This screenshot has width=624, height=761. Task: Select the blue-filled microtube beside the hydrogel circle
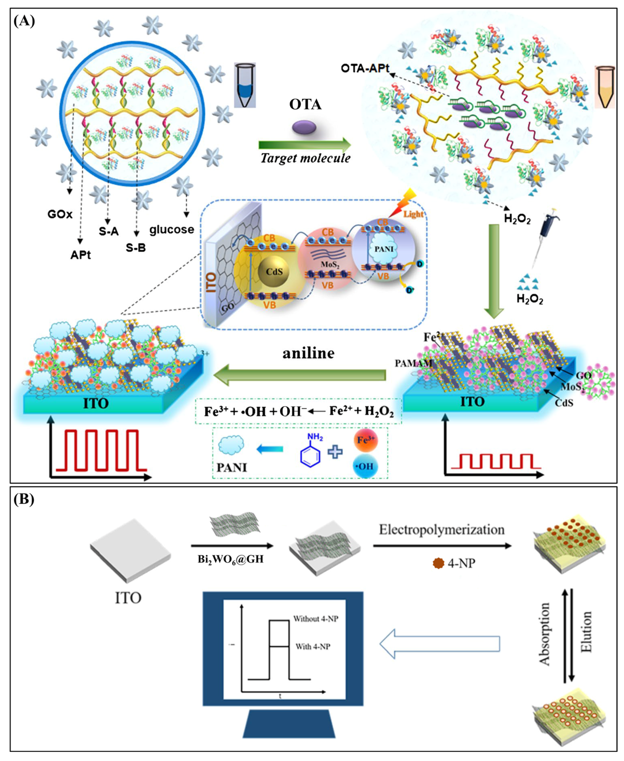pos(245,86)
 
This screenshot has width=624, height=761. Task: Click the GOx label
pos(60,215)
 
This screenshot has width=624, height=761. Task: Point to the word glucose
pos(172,229)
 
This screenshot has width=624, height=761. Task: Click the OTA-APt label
pos(365,68)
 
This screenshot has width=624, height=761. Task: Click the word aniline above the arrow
pos(308,353)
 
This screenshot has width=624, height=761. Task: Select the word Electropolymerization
pos(442,530)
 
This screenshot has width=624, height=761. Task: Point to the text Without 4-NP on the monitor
pos(316,619)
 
